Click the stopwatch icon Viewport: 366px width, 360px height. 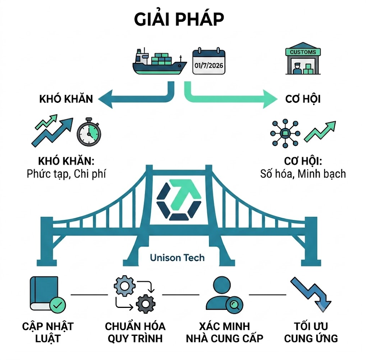pyautogui.click(x=89, y=132)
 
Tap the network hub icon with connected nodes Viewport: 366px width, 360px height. pyautogui.click(x=285, y=133)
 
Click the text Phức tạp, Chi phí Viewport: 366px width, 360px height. pyautogui.click(x=66, y=174)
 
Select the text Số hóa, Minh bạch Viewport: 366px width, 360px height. pyautogui.click(x=303, y=174)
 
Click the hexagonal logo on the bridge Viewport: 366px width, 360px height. pyautogui.click(x=179, y=200)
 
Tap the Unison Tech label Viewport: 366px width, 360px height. pyautogui.click(x=177, y=258)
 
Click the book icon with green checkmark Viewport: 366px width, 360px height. pyautogui.click(x=48, y=295)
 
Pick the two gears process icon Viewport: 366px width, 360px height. pyautogui.click(x=135, y=294)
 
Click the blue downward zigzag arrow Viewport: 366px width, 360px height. pyautogui.click(x=311, y=295)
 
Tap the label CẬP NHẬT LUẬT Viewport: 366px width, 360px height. pyautogui.click(x=48, y=332)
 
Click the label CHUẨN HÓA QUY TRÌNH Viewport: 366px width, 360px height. pyautogui.click(x=135, y=332)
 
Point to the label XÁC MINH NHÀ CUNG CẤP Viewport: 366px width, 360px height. pyautogui.click(x=224, y=332)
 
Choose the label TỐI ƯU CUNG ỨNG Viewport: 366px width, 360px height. pyautogui.click(x=311, y=332)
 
